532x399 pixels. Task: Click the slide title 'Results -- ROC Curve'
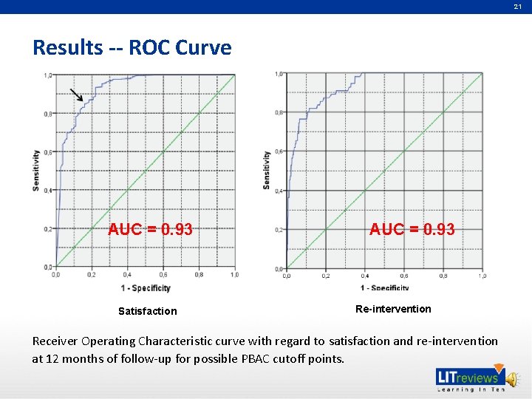[132, 48]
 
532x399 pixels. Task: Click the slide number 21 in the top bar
[518, 7]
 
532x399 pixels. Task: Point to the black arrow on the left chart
[77, 95]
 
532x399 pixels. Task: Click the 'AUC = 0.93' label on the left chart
[150, 229]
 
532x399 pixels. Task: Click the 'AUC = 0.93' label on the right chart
[412, 230]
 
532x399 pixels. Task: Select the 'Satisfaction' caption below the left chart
[148, 311]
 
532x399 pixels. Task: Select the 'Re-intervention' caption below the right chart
[393, 309]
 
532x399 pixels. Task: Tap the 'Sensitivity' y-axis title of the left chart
[36, 170]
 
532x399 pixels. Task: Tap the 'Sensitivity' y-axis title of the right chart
[267, 170]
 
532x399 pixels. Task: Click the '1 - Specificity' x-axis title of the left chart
[146, 288]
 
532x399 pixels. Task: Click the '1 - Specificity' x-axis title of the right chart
[385, 288]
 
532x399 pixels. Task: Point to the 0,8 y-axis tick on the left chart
[47, 114]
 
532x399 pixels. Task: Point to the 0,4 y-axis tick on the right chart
[279, 191]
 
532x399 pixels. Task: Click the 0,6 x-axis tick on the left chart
[163, 275]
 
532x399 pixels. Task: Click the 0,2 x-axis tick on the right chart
[326, 276]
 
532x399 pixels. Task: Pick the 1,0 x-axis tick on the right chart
[482, 276]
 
